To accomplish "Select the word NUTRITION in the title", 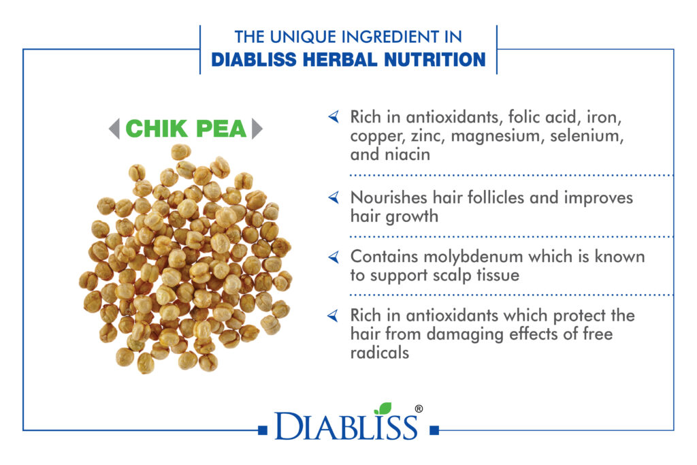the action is (435, 59).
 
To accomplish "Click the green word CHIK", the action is (157, 129).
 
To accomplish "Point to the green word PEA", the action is (221, 129).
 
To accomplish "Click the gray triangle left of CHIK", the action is (114, 129).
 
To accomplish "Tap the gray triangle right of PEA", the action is (257, 129).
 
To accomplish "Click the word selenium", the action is (587, 135).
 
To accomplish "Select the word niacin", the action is (407, 155).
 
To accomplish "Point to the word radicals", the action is (380, 353).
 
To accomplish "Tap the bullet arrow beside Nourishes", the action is (334, 197).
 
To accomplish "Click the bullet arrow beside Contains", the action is (334, 257).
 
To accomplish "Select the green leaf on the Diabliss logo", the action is (383, 408).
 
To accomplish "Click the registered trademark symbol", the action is (419, 408).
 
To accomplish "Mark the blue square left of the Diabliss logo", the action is (263, 430).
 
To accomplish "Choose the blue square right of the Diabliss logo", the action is (435, 430).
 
